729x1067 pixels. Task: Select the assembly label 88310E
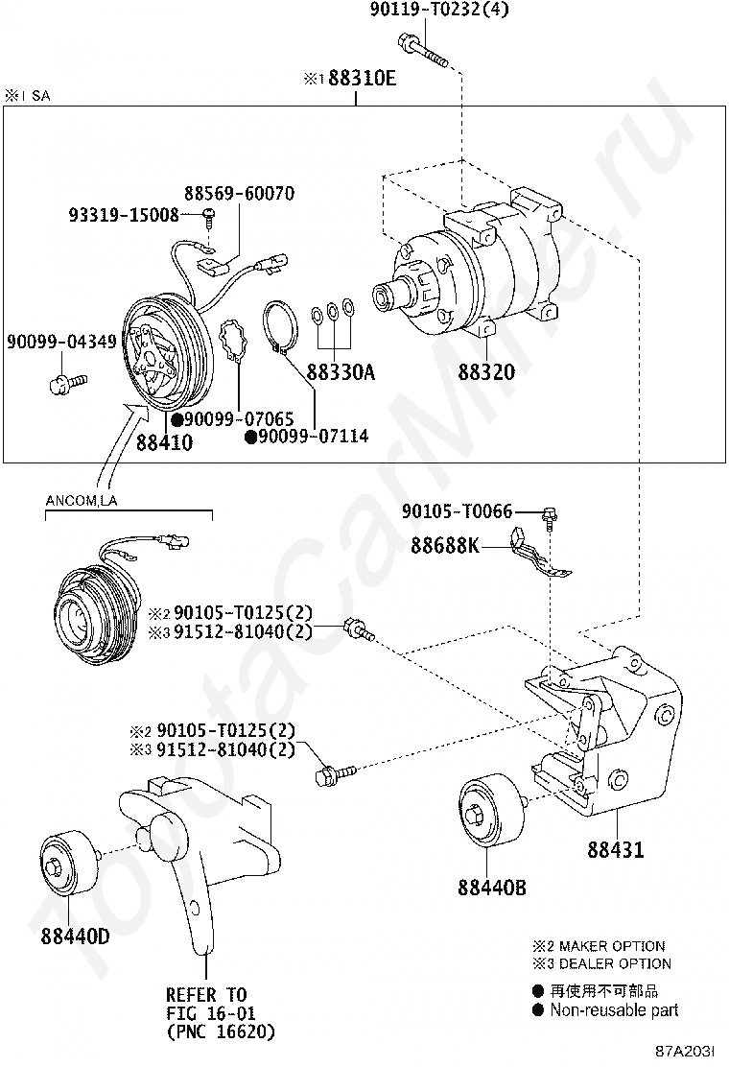(x=362, y=79)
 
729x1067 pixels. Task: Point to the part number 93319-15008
(x=123, y=215)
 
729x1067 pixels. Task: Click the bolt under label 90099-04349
(x=63, y=385)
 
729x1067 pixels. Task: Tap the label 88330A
(x=341, y=372)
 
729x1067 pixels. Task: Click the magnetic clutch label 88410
(x=164, y=443)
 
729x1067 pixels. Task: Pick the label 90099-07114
(x=313, y=438)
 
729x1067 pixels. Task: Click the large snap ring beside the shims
(x=281, y=327)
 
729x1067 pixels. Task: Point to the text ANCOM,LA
(x=82, y=500)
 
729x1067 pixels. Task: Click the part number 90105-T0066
(x=457, y=512)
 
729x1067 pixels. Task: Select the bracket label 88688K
(x=445, y=546)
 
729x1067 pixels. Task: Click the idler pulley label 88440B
(x=491, y=888)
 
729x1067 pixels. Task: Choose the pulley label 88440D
(x=75, y=936)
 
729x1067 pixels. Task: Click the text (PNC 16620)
(x=220, y=1031)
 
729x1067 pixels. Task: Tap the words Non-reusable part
(x=614, y=1009)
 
